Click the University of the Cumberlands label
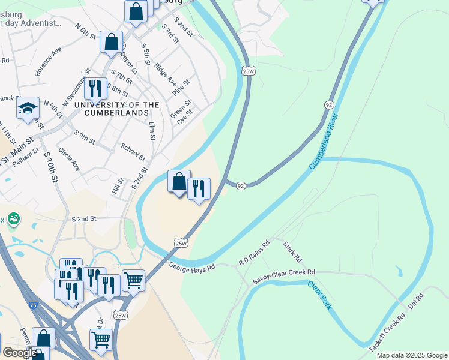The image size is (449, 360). pos(116,109)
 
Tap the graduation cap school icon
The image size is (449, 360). pos(28,109)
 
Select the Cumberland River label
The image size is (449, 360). pos(329,141)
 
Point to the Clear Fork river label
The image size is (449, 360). pos(319,295)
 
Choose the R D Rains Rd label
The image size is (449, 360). pos(255,252)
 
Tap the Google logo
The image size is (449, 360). pos(19,353)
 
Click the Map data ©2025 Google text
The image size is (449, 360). pos(412,355)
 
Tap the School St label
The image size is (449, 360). pos(133,152)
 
